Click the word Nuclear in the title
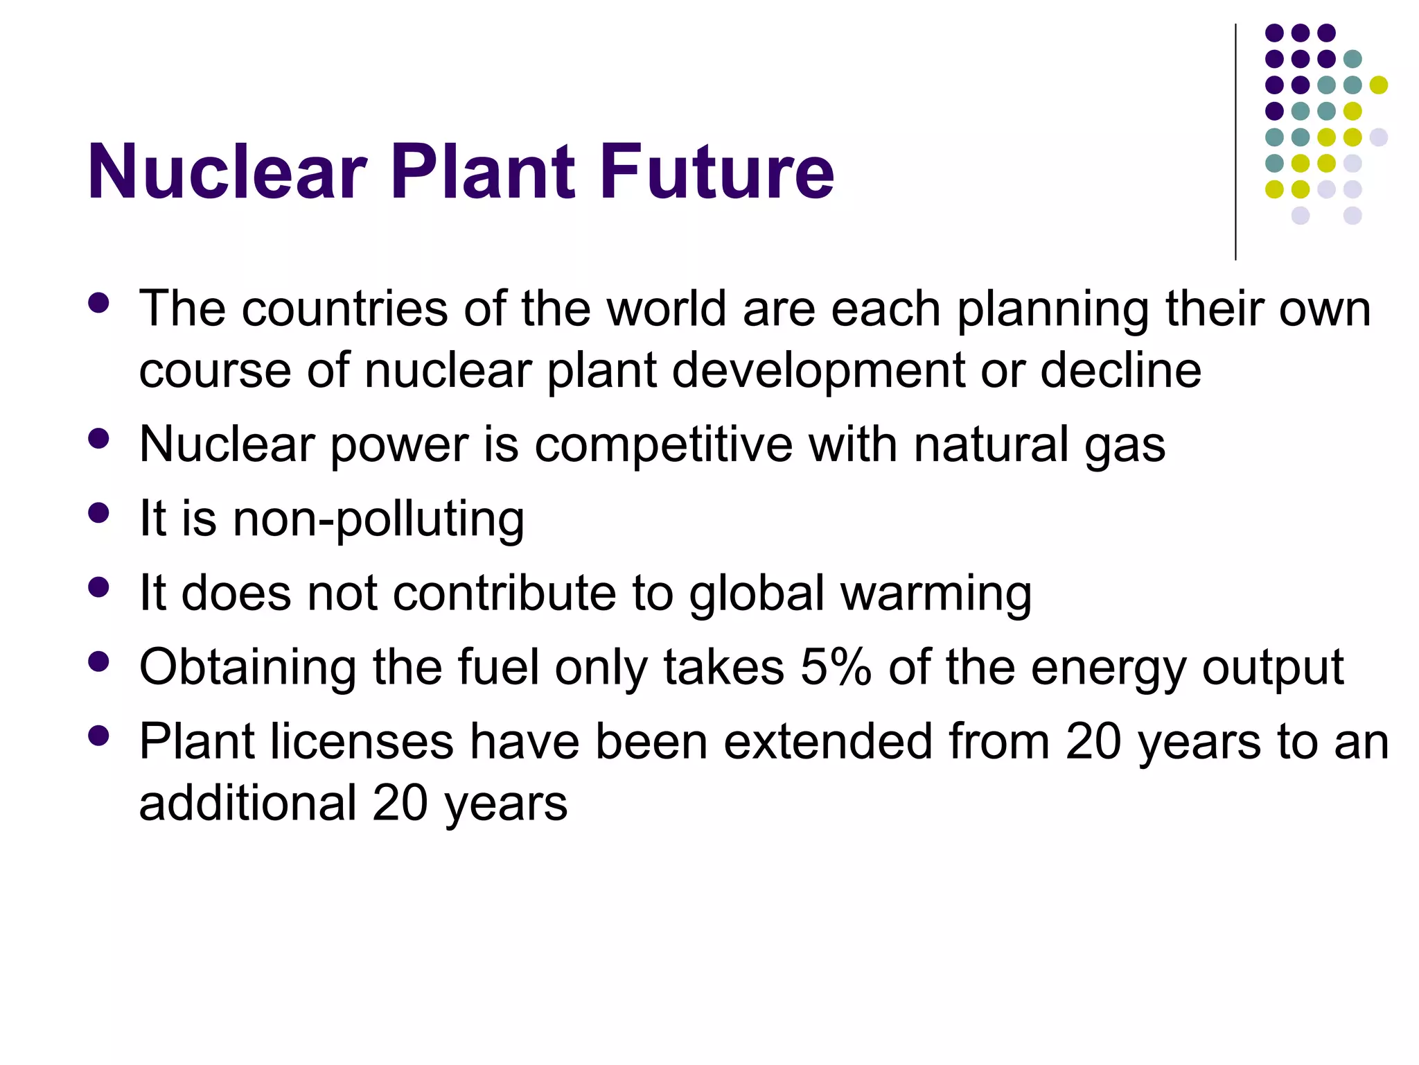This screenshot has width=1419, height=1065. coord(227,171)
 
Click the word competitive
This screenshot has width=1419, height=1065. coord(663,444)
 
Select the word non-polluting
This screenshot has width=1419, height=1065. coord(378,519)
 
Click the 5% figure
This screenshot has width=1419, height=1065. coord(836,667)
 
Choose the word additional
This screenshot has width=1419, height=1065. coord(247,803)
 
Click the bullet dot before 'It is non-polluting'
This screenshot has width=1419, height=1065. coord(99,513)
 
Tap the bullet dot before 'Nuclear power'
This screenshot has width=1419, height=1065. coord(99,438)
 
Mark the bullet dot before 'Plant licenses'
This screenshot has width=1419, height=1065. coord(99,736)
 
